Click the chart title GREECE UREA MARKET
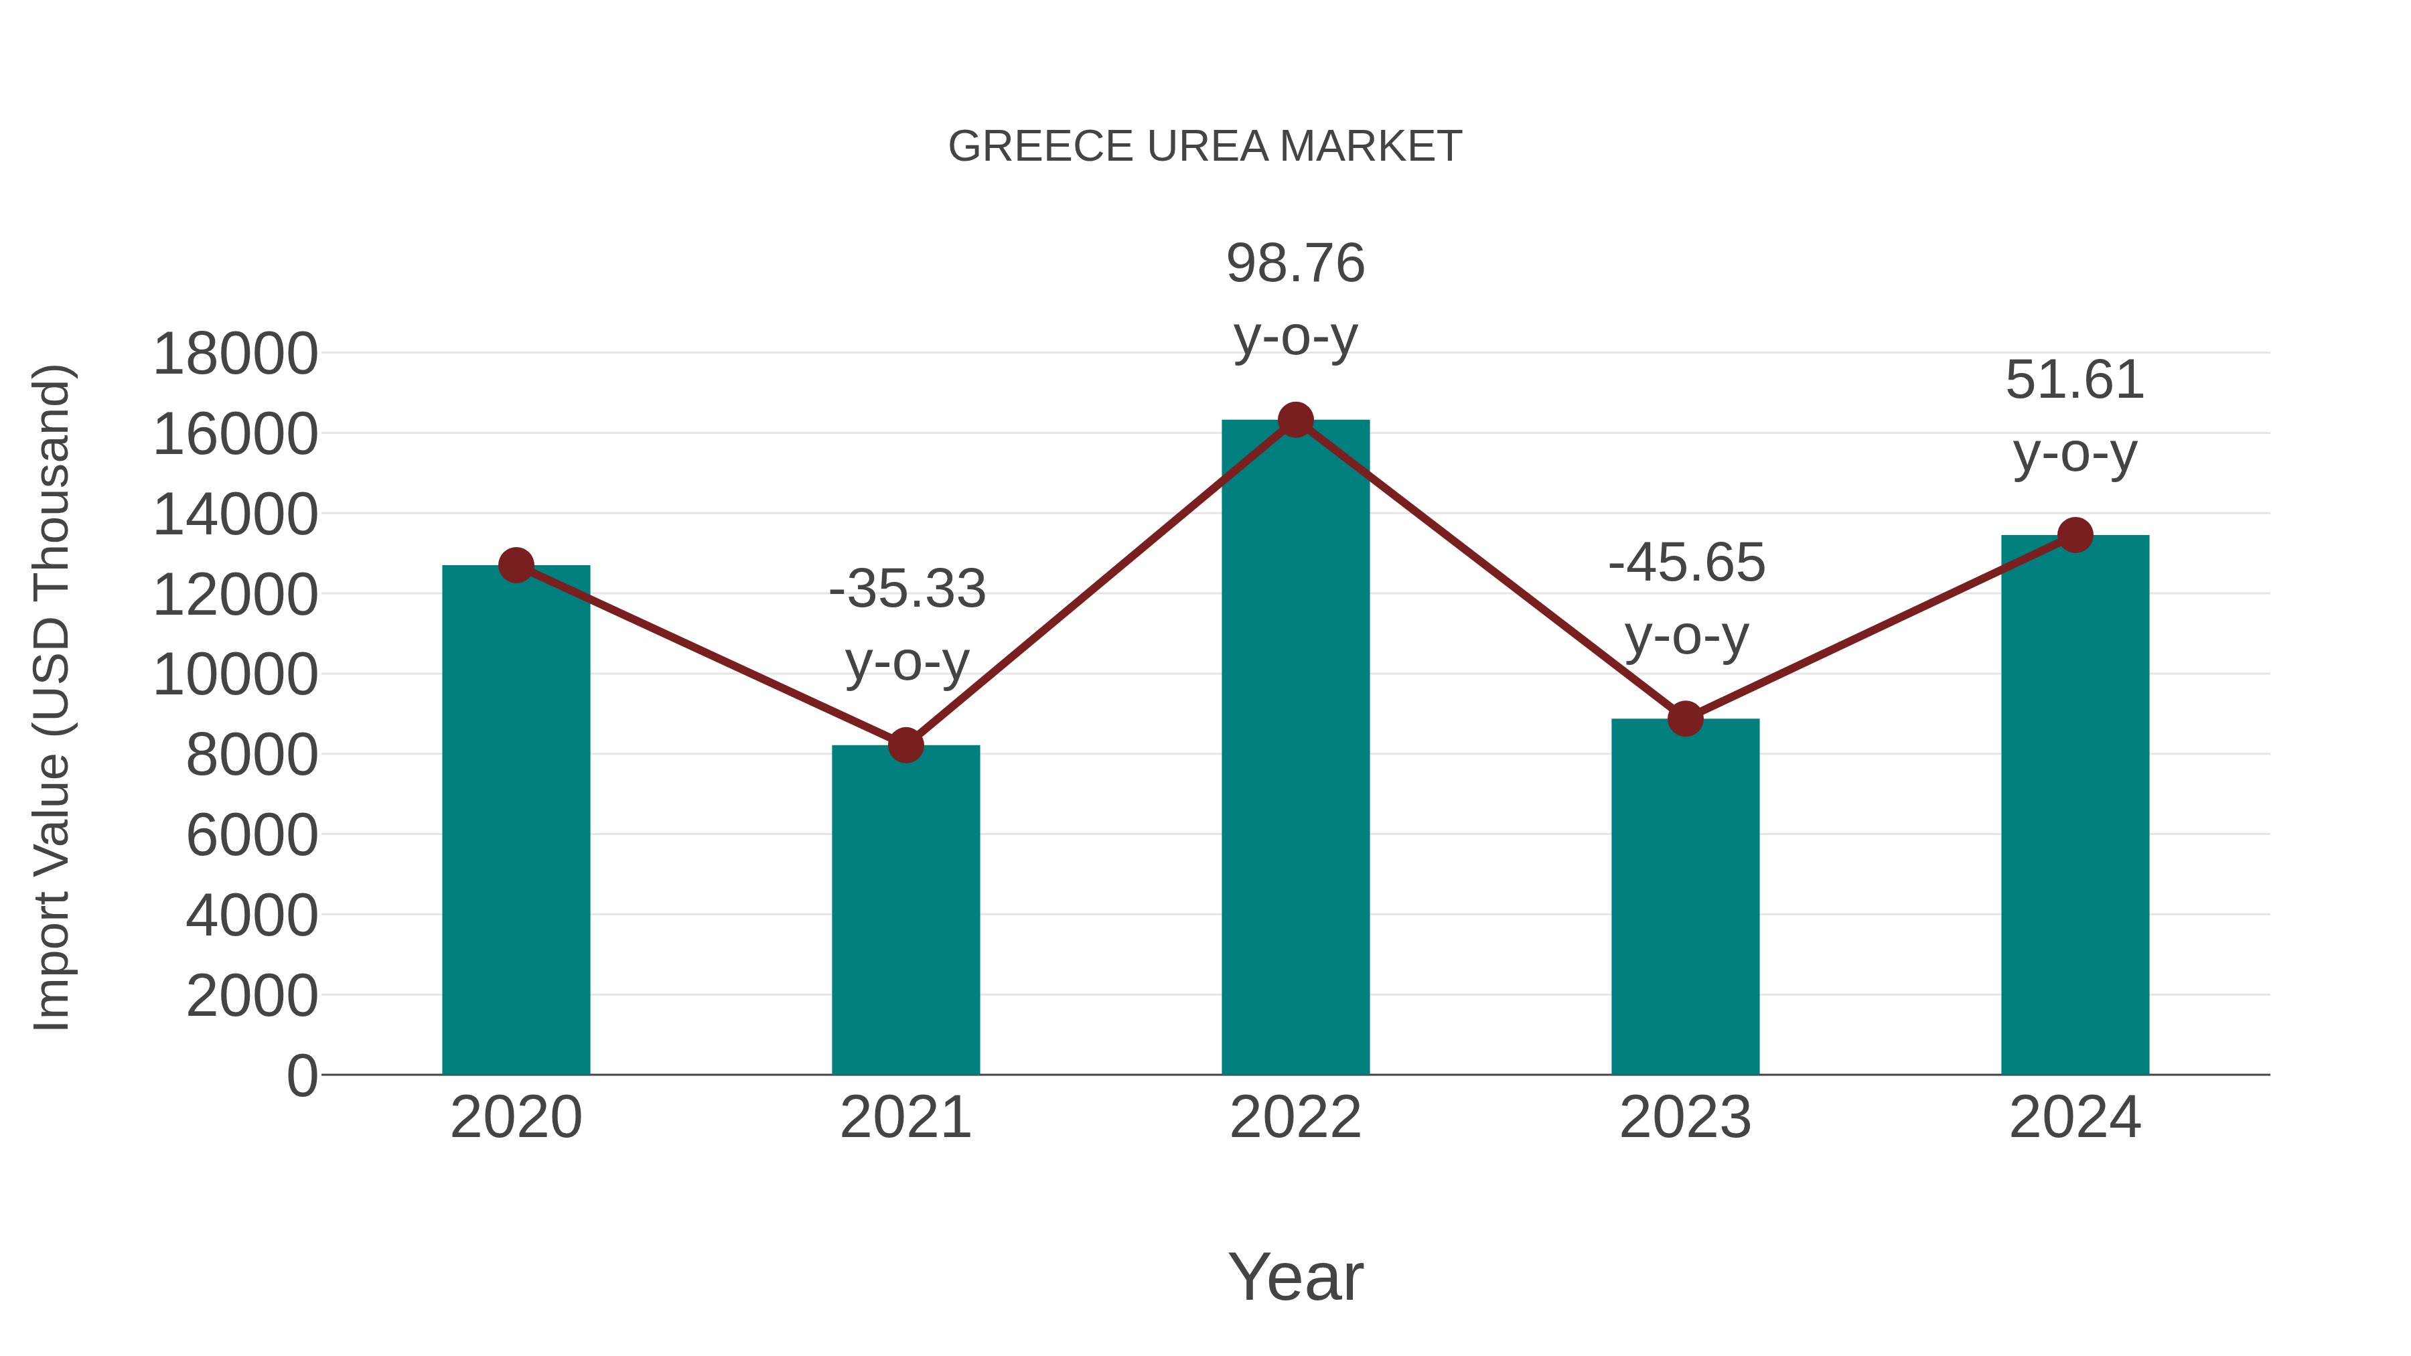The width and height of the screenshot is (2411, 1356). point(1205,147)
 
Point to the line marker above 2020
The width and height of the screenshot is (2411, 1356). point(516,565)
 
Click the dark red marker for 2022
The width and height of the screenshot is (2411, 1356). point(1295,420)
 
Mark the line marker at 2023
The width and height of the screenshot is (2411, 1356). point(1685,719)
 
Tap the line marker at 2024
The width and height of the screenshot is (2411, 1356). point(2075,535)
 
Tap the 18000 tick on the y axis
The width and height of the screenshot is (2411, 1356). point(235,355)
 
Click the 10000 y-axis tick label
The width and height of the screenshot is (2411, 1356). point(235,675)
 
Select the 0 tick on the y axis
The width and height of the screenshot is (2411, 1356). point(301,1076)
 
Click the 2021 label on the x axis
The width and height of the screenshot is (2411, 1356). point(905,1118)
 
